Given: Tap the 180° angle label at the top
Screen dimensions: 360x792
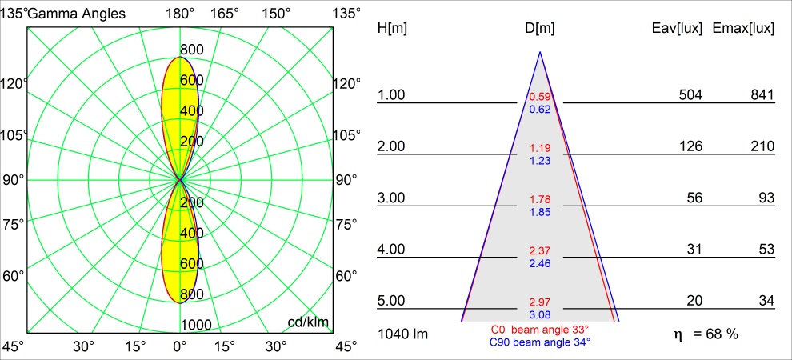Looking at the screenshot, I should pyautogui.click(x=180, y=14).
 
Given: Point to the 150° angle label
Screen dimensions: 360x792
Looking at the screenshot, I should pyautogui.click(x=276, y=14).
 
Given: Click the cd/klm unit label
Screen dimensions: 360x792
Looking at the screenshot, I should pyautogui.click(x=309, y=322).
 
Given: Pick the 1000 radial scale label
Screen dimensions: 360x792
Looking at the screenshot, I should pyautogui.click(x=196, y=325).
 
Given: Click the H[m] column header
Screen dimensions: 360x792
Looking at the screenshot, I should pyautogui.click(x=391, y=29).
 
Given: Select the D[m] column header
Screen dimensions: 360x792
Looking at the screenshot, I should pyautogui.click(x=540, y=29).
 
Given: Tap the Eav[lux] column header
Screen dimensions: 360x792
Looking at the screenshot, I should pyautogui.click(x=678, y=29).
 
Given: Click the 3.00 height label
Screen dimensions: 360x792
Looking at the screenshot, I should pyautogui.click(x=392, y=198).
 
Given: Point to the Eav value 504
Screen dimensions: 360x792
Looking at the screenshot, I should pyautogui.click(x=690, y=95).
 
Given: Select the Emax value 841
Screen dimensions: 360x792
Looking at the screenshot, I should pyautogui.click(x=762, y=95).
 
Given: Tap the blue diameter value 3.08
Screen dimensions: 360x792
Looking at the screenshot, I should pyautogui.click(x=540, y=314).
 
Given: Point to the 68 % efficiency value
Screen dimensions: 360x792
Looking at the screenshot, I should pyautogui.click(x=718, y=334).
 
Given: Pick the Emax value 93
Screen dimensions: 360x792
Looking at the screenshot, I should pyautogui.click(x=766, y=198).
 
